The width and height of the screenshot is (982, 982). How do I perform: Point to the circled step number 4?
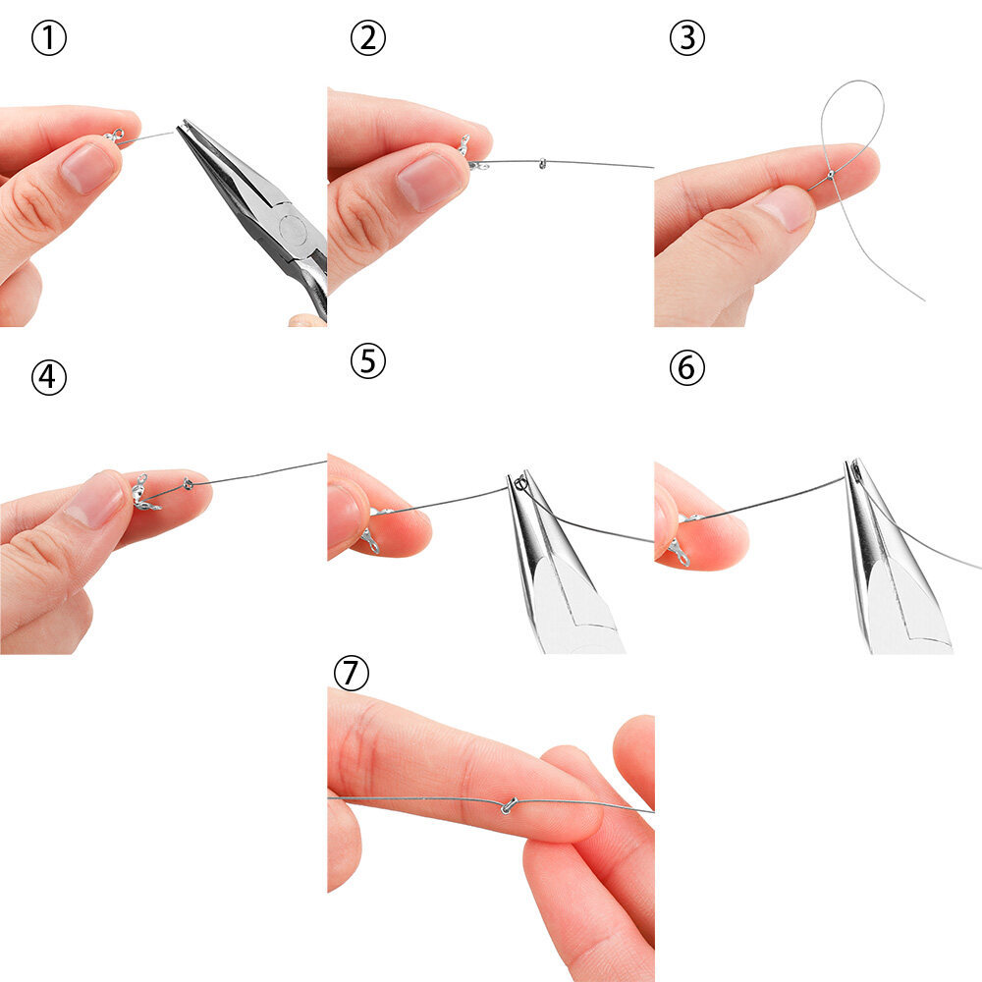49,378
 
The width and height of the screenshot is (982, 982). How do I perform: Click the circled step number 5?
367,361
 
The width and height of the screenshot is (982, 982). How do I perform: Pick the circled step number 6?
687,367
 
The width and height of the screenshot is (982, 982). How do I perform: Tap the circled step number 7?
352,674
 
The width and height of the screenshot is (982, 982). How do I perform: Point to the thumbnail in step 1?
88,169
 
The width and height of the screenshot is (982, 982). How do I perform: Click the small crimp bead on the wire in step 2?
542,163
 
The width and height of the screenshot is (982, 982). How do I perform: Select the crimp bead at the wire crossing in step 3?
831,175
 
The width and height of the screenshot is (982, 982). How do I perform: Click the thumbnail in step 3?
787,208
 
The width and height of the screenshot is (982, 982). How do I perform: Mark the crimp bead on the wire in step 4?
188,483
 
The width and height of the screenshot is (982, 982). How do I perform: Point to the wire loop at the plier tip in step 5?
521,483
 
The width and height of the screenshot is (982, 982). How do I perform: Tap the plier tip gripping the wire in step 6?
854,468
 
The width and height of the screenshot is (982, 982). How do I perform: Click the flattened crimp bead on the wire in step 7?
508,805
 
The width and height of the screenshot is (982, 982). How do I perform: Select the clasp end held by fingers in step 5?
372,531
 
